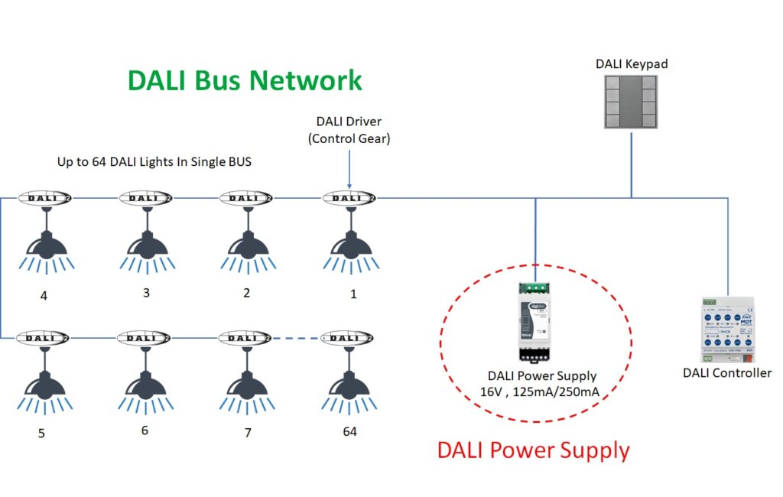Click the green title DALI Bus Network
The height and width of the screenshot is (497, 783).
coord(245,80)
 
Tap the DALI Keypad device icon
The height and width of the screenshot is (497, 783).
coord(632,102)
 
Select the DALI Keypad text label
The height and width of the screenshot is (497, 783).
coord(632,63)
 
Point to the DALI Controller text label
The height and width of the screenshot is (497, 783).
coord(726,373)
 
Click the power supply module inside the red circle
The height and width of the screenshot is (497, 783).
coord(535,321)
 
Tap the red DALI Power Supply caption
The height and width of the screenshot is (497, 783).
coord(533,450)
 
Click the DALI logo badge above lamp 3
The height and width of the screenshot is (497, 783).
coord(145,198)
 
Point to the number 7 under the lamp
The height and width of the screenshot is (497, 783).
coord(248,433)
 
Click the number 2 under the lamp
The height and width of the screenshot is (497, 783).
coord(246,293)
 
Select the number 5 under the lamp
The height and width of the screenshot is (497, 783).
coord(41,434)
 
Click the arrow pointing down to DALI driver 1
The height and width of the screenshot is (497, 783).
coord(349,168)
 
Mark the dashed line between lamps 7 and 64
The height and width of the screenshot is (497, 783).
coord(297,337)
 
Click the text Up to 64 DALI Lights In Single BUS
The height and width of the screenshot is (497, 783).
coord(154,161)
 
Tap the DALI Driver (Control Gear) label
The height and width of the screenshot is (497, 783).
coord(349,129)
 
